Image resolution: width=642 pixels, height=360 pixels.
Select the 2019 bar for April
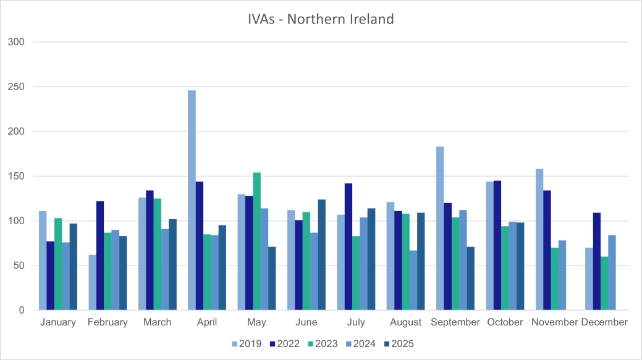(192, 200)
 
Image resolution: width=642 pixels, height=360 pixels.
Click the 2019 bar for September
(440, 228)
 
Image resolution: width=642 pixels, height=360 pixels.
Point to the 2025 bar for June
(321, 254)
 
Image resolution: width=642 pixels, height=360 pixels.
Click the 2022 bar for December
(597, 261)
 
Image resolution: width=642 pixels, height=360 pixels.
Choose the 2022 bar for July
(348, 246)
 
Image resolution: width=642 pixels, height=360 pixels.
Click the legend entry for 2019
(247, 344)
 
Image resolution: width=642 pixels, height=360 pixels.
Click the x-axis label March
(157, 322)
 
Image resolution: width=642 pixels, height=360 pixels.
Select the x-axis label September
(455, 322)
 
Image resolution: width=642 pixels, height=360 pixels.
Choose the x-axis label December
(604, 322)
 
